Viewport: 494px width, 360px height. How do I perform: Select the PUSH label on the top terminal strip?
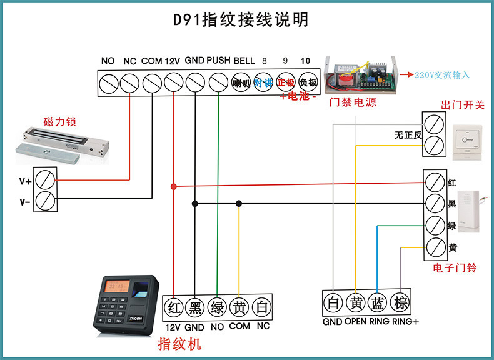[218, 61]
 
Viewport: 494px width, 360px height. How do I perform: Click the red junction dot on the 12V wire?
[173, 187]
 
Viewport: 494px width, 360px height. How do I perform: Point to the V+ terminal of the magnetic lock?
[44, 181]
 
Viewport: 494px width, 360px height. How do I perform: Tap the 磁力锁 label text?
[59, 121]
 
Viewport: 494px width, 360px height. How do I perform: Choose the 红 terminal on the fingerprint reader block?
[174, 307]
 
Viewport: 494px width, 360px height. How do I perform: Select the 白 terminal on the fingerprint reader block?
[262, 307]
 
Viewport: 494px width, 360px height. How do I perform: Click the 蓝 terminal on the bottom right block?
[377, 304]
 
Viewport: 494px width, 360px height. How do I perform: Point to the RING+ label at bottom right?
[405, 322]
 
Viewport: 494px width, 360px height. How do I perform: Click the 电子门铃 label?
[455, 267]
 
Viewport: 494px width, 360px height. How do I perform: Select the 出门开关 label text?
[463, 105]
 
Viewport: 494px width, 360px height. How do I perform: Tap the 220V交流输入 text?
[441, 75]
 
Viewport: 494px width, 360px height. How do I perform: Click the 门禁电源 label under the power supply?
[353, 102]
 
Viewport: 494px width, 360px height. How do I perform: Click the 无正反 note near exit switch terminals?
[408, 134]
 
